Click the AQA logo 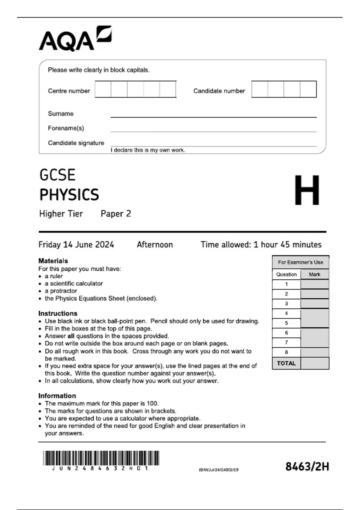pos(75,39)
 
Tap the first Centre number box pos(103,89)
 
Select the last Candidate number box pos(308,89)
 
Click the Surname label pos(61,114)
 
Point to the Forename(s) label pos(66,128)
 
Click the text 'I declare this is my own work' pos(148,150)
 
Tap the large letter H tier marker pos(307,190)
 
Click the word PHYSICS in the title pos(69,195)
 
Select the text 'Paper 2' pos(116,214)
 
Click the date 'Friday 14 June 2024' pos(76,244)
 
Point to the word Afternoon pos(155,244)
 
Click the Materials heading pos(53,261)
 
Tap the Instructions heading pos(58,313)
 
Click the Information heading pos(57,396)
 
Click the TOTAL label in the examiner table pos(286,363)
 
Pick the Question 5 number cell pos(286,323)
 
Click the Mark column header pos(314,274)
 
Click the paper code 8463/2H pos(307,466)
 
